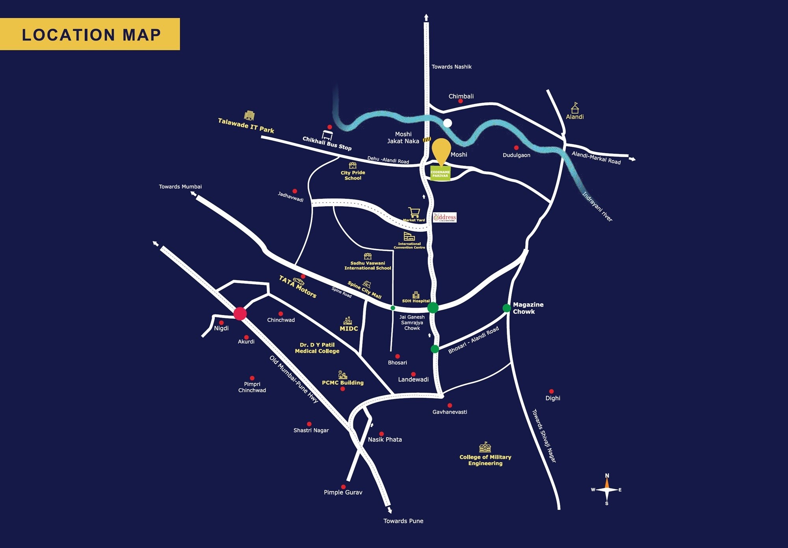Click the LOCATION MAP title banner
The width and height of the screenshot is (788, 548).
coord(90,34)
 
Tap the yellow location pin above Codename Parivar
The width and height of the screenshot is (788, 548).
coord(441,150)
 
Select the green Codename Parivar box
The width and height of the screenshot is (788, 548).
coord(440,174)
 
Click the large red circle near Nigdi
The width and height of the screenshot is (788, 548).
coord(240,314)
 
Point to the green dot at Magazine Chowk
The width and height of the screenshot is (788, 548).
coord(506,308)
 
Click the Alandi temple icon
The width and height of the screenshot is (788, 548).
coord(575,108)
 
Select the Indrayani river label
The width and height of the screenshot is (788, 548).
coord(597,207)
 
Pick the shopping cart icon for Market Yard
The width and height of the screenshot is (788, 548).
coord(414,213)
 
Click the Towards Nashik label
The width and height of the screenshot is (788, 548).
coord(451,67)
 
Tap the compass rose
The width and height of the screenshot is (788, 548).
coord(607,490)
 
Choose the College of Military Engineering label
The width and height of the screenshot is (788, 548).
coord(485,460)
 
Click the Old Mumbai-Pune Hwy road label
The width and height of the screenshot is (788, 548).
coord(294,379)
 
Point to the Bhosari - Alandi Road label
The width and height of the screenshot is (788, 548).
coord(473,340)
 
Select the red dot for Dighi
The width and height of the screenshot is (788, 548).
coord(551,391)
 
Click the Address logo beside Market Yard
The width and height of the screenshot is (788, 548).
coord(445,217)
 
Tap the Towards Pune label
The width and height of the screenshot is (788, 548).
coord(403,521)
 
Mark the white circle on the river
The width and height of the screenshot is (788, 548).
coord(447,123)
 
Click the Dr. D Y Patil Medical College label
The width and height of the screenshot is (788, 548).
coord(317,348)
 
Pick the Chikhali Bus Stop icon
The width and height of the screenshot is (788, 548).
coord(327,135)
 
